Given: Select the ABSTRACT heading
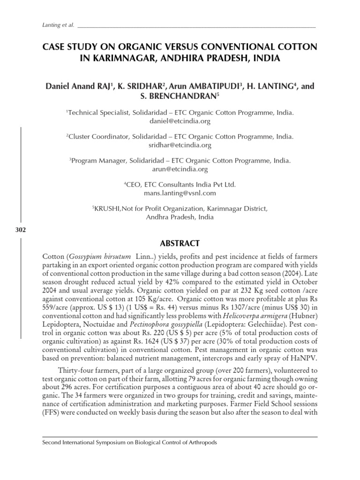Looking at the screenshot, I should tap(180, 243).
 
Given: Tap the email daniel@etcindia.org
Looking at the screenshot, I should tap(180, 121).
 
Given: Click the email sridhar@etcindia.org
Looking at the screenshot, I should tap(180, 145).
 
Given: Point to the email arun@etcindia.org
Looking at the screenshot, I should tap(180, 169).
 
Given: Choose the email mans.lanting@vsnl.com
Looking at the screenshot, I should tap(180, 193).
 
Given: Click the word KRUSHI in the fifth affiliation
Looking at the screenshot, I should tap(107, 208).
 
